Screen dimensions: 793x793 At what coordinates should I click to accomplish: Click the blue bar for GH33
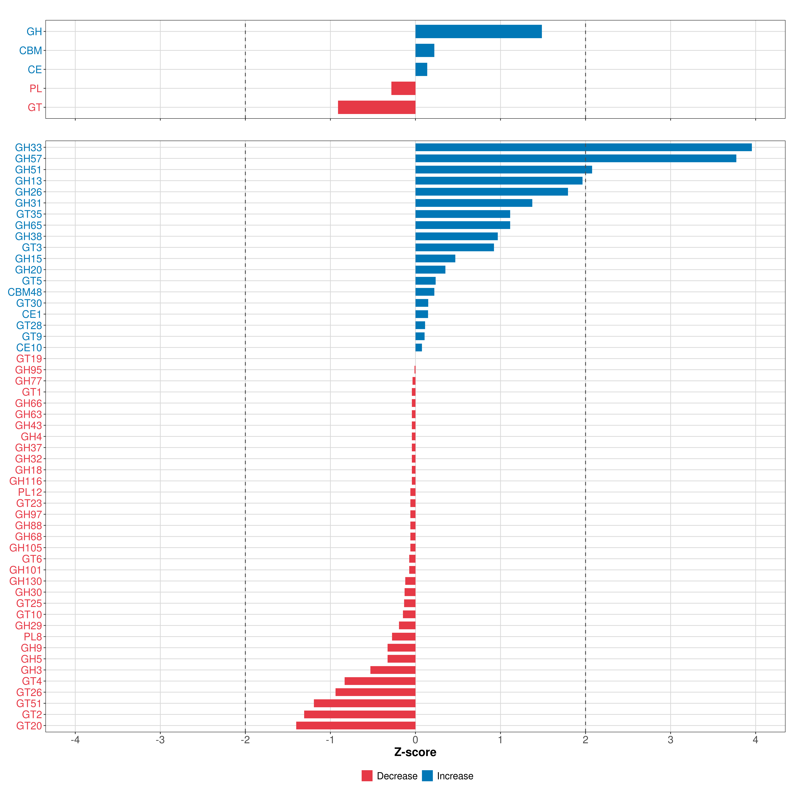[x=583, y=147]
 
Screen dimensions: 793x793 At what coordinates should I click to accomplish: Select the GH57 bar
[x=575, y=158]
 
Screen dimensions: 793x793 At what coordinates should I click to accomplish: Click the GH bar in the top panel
[x=478, y=32]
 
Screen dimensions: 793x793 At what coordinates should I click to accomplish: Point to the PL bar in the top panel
[x=403, y=88]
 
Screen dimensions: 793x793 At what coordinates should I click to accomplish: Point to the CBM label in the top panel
[x=30, y=51]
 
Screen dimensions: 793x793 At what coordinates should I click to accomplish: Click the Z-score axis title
[x=415, y=752]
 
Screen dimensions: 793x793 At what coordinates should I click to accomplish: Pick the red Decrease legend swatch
[x=367, y=776]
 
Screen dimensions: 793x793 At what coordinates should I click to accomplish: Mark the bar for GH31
[x=474, y=203]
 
